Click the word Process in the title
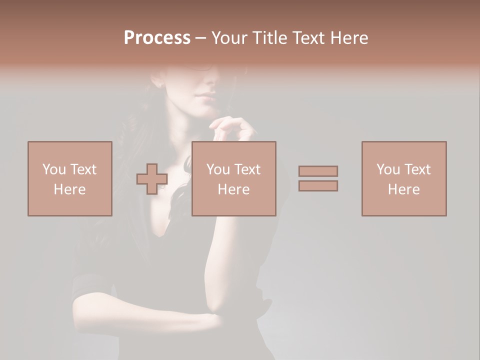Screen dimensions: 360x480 coord(157,38)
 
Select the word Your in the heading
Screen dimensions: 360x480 coord(230,38)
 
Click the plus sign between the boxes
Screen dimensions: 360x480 coord(152,179)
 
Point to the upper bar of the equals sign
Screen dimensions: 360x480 coord(318,171)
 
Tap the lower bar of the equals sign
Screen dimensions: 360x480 coord(318,186)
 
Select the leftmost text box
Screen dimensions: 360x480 coord(69,178)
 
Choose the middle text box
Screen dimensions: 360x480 coord(233,178)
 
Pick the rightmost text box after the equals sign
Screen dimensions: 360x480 coord(403,178)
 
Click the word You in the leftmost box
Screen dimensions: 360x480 coord(53,169)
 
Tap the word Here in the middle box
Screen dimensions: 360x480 coord(233,189)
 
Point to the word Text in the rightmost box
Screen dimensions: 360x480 coord(417,169)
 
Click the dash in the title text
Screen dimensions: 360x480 coord(200,38)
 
